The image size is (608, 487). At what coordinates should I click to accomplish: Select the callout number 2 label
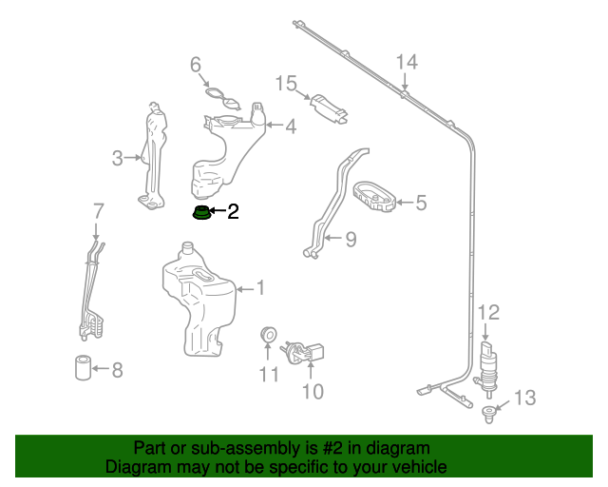coord(233,211)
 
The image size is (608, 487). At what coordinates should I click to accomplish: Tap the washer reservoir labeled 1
coord(199,300)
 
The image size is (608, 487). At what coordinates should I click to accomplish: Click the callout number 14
coord(407,63)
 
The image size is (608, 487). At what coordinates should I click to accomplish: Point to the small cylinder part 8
coord(83,366)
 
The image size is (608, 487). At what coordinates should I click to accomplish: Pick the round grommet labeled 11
coord(269,335)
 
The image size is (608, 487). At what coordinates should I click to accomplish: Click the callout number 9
coord(351,240)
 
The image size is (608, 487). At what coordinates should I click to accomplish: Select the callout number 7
coord(98,210)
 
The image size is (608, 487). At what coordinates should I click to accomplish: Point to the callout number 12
coord(487,311)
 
